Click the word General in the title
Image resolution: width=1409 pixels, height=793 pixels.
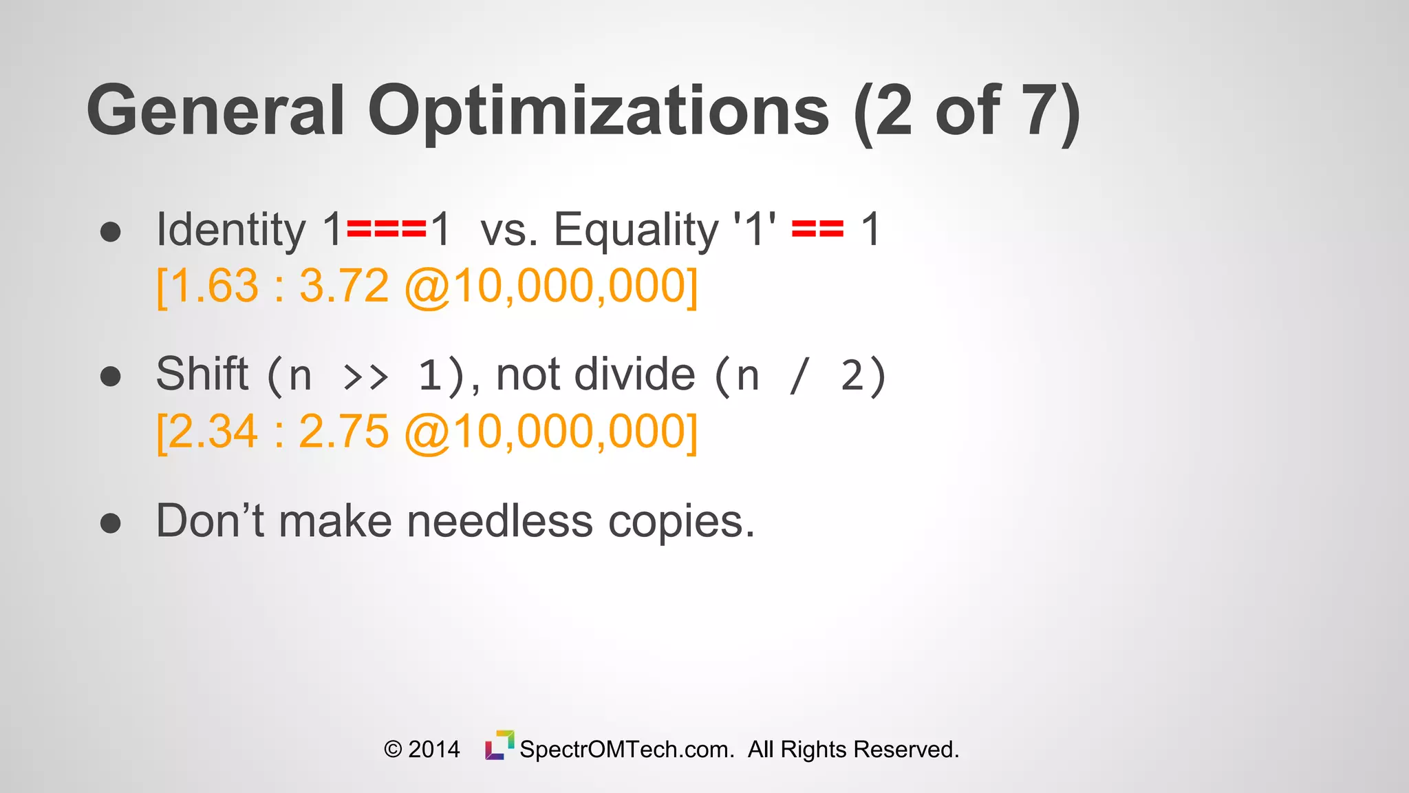(x=215, y=110)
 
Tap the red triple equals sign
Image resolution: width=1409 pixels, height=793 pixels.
(x=387, y=229)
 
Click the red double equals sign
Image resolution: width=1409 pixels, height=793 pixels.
(x=817, y=229)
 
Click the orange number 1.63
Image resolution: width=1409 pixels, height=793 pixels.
(x=214, y=286)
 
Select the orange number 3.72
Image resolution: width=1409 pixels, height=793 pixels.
(x=344, y=286)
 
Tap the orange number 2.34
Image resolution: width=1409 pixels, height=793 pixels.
(x=213, y=432)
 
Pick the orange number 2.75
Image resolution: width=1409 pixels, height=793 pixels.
(x=344, y=432)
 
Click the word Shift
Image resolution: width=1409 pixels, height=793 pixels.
(x=202, y=374)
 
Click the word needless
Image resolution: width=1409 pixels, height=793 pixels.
(x=499, y=521)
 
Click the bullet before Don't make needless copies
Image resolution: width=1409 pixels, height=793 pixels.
(x=111, y=523)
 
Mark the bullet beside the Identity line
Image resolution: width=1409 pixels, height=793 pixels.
(x=111, y=232)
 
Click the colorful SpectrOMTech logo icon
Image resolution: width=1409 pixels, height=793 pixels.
(x=499, y=746)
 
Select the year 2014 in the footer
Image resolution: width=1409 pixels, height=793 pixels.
(x=433, y=749)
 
